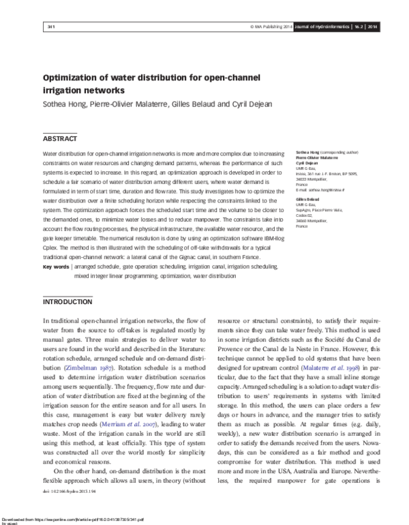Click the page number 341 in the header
[51, 27]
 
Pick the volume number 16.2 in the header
[357, 27]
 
